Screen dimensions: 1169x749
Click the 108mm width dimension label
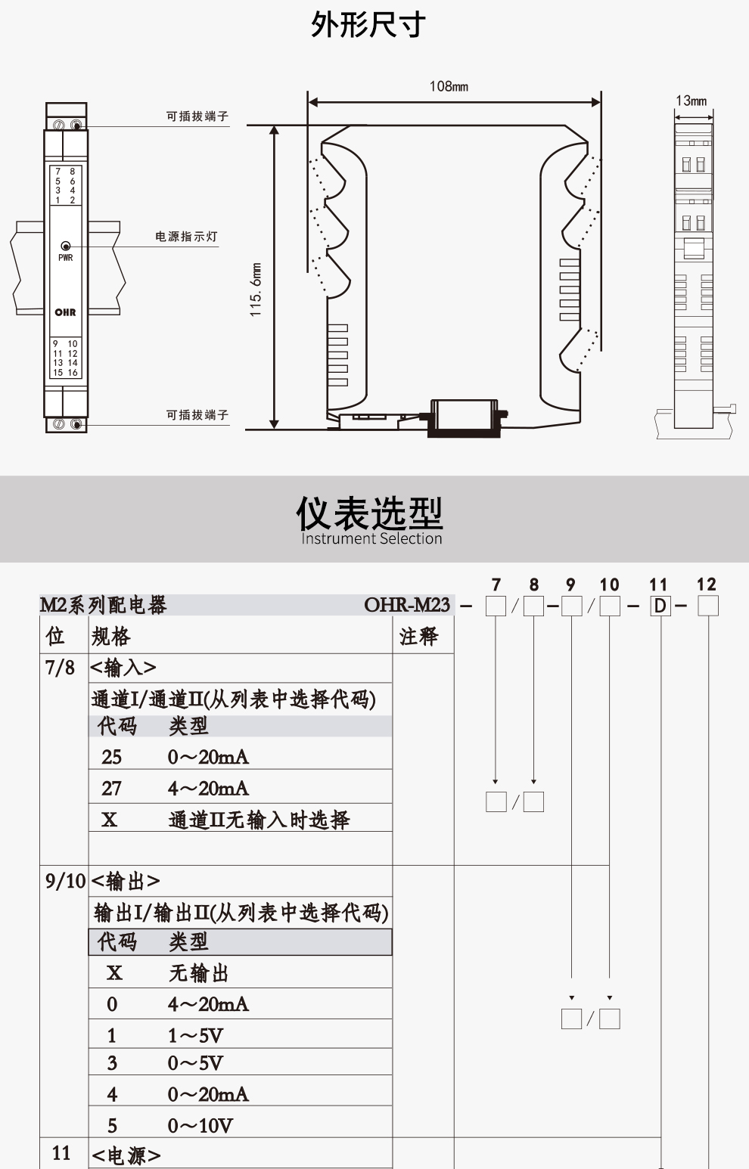[449, 86]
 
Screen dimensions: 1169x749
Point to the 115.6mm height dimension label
[256, 289]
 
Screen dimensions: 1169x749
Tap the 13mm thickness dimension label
[691, 101]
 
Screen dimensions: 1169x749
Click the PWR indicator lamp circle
[66, 246]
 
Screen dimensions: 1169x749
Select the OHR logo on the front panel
[65, 312]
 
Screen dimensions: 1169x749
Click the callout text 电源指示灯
[186, 237]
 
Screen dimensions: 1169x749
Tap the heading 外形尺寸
[368, 25]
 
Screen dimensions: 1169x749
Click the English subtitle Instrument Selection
[371, 538]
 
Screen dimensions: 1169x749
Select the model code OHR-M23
[407, 605]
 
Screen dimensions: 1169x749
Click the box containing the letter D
[660, 606]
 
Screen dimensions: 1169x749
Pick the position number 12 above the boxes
[706, 584]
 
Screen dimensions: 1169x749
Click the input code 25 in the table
[111, 757]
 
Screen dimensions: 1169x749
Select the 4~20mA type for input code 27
[208, 789]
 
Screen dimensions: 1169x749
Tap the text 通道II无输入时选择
[259, 820]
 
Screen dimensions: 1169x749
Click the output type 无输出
[198, 973]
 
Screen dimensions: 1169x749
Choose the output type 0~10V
[200, 1126]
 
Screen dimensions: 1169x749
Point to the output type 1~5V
[195, 1035]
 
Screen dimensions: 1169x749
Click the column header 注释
[418, 637]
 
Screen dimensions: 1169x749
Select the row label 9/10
[65, 881]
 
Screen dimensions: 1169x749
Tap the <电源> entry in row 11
[126, 1155]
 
